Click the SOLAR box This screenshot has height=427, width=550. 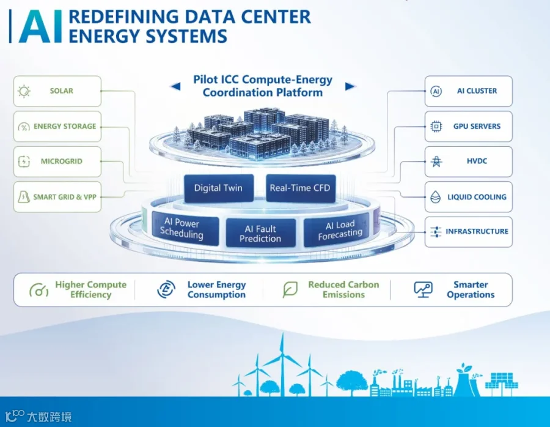click(x=57, y=91)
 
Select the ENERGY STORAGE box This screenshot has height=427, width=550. click(x=57, y=127)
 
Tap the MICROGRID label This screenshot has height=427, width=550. click(x=61, y=162)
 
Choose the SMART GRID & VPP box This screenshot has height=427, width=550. click(x=57, y=196)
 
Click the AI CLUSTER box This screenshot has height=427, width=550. click(x=469, y=91)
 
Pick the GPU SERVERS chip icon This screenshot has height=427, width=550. click(x=436, y=127)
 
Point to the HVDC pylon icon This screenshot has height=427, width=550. click(x=436, y=162)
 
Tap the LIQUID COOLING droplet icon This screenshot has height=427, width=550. click(x=435, y=197)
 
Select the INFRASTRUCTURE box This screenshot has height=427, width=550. click(x=469, y=232)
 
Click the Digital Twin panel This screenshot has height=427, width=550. click(x=219, y=188)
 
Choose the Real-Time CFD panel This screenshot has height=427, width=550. click(x=301, y=188)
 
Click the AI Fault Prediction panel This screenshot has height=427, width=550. click(x=260, y=234)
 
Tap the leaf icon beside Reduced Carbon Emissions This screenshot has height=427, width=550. click(x=290, y=289)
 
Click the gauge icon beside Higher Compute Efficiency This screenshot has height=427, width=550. click(x=39, y=290)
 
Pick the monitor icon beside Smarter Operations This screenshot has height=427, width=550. click(x=423, y=290)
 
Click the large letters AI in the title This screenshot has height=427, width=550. click(x=40, y=26)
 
